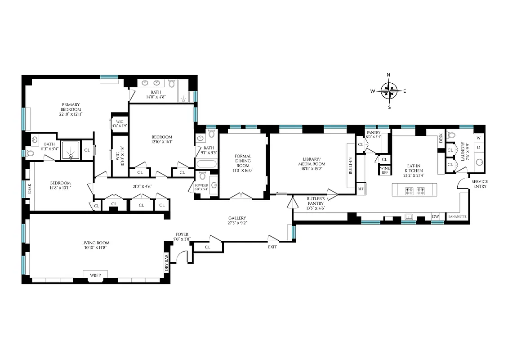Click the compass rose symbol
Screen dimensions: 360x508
click(389, 91)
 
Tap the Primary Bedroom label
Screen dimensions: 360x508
click(71, 107)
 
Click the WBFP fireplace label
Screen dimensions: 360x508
click(95, 274)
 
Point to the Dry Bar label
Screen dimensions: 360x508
click(166, 262)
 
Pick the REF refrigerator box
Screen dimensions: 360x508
click(361, 189)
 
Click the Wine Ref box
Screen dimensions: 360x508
click(385, 170)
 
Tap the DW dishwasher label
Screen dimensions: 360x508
click(435, 216)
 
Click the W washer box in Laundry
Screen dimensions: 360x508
click(478, 138)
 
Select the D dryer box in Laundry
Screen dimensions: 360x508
click(478, 147)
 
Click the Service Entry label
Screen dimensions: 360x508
click(479, 184)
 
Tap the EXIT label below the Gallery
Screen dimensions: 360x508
click(272, 247)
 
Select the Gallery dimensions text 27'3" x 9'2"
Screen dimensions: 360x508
click(237, 222)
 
